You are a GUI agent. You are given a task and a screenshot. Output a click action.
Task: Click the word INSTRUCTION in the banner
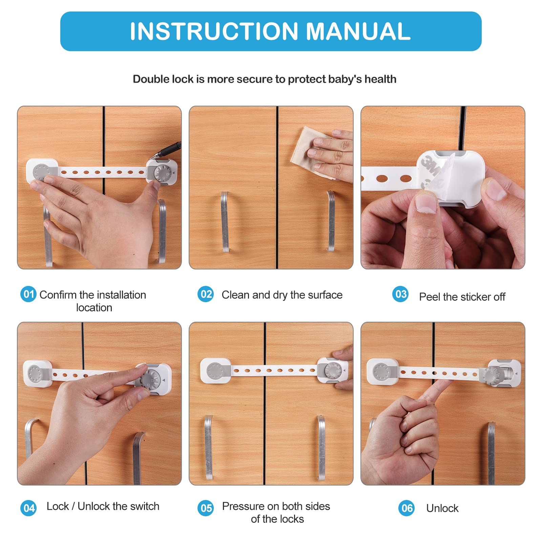click(214, 31)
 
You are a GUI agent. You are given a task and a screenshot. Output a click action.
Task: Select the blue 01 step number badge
click(28, 294)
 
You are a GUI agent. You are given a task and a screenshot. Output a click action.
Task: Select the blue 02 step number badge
click(206, 294)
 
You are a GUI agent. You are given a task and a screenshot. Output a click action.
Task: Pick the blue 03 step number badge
click(400, 294)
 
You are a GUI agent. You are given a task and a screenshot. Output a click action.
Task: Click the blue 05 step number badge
click(206, 508)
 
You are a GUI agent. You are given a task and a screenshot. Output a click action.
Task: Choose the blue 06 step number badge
click(406, 508)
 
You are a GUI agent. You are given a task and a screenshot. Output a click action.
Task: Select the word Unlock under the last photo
click(442, 508)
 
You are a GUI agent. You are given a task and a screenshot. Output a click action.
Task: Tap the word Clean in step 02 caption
click(236, 295)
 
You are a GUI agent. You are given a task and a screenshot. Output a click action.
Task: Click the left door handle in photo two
click(225, 222)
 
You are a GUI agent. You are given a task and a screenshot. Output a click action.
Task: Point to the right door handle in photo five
click(321, 447)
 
